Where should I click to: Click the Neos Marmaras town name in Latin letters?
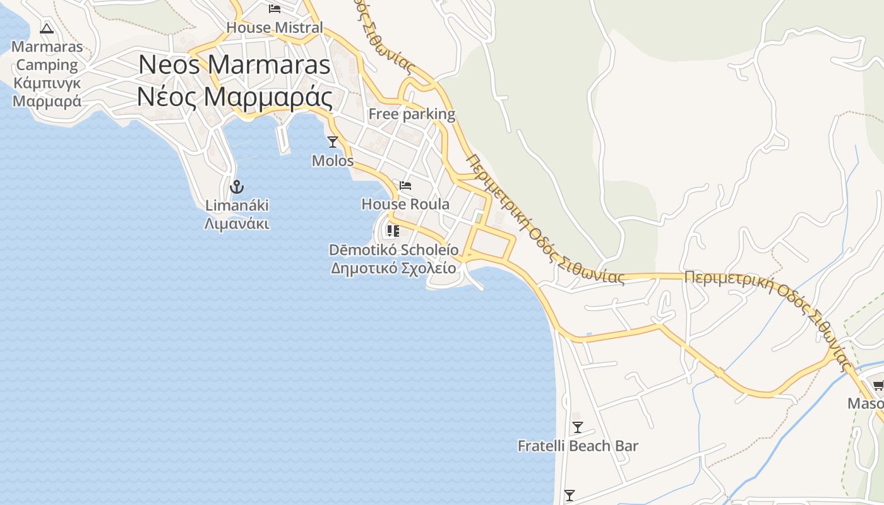(x=234, y=64)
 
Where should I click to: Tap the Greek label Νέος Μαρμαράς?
(x=234, y=97)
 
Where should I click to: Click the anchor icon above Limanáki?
(x=237, y=187)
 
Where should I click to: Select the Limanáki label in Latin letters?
(x=237, y=205)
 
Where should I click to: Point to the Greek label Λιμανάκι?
(x=237, y=223)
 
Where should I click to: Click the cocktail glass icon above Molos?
(x=333, y=142)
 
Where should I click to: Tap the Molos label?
(x=333, y=161)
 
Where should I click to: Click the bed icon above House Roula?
(x=405, y=186)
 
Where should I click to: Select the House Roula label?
(x=405, y=205)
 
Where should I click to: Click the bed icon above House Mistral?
(x=275, y=9)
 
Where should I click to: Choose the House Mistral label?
(x=275, y=28)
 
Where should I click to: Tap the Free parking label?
(x=412, y=114)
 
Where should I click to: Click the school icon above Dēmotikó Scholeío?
(x=393, y=231)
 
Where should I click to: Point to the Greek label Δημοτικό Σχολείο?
(x=393, y=268)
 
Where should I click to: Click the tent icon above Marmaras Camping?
(x=46, y=28)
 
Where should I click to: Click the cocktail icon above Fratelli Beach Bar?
(x=577, y=427)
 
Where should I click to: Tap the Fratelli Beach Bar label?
(x=578, y=446)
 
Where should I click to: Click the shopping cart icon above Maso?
(x=878, y=385)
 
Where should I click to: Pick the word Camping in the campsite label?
(x=47, y=65)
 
